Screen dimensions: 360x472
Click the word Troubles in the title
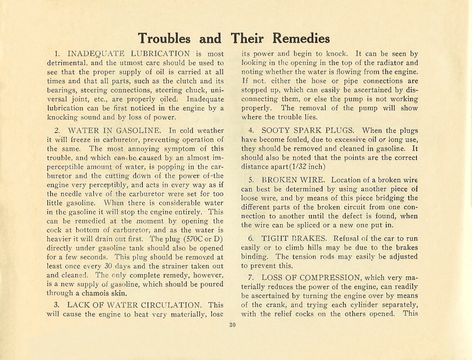164,38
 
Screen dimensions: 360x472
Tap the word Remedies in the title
301,38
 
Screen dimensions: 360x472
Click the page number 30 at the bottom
233,324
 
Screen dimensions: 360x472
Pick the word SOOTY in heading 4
275,131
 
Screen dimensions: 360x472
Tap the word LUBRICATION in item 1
161,54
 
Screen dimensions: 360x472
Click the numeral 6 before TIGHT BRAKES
251,238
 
